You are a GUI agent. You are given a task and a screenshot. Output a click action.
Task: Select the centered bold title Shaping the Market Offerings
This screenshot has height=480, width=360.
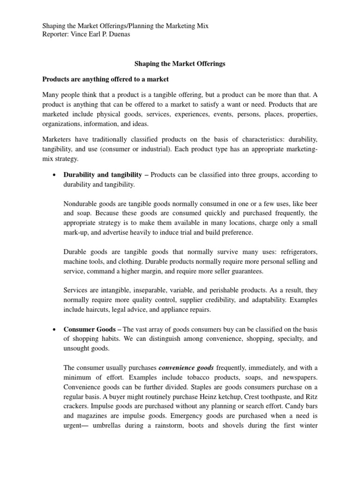(180, 64)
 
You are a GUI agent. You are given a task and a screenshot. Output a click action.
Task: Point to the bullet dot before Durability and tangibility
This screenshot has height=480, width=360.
(55, 175)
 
